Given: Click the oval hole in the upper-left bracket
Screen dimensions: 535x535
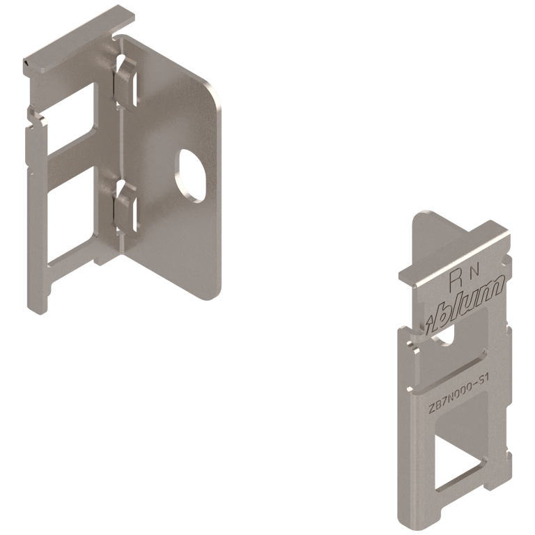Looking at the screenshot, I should pyautogui.click(x=192, y=174).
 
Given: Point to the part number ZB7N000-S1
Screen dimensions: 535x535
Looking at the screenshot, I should pyautogui.click(x=459, y=394).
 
